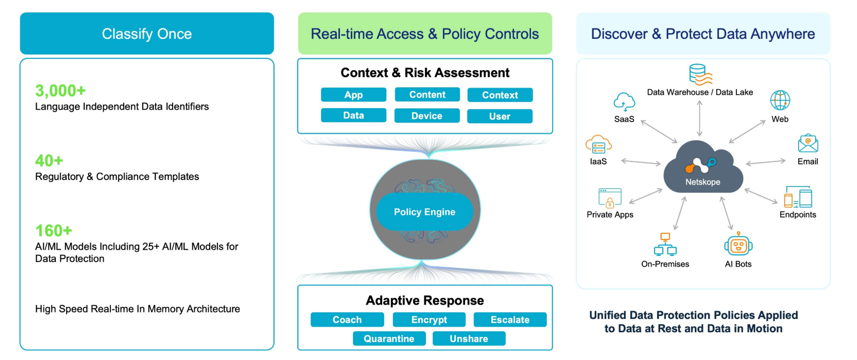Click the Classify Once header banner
point(147,34)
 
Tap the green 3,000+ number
point(61,91)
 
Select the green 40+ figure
point(49,161)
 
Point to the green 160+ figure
point(54,231)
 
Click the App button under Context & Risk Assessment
point(354,95)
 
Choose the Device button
point(427,116)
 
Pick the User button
point(500,116)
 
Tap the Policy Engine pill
point(425,212)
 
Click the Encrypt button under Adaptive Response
point(429,319)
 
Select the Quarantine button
point(389,339)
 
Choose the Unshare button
point(469,339)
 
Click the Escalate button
point(510,319)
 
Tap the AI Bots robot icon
point(738,245)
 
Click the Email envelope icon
point(808,143)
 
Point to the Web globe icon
point(780,100)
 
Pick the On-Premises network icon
point(665,245)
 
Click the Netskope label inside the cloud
point(703,182)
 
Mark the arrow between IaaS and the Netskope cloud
point(641,162)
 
